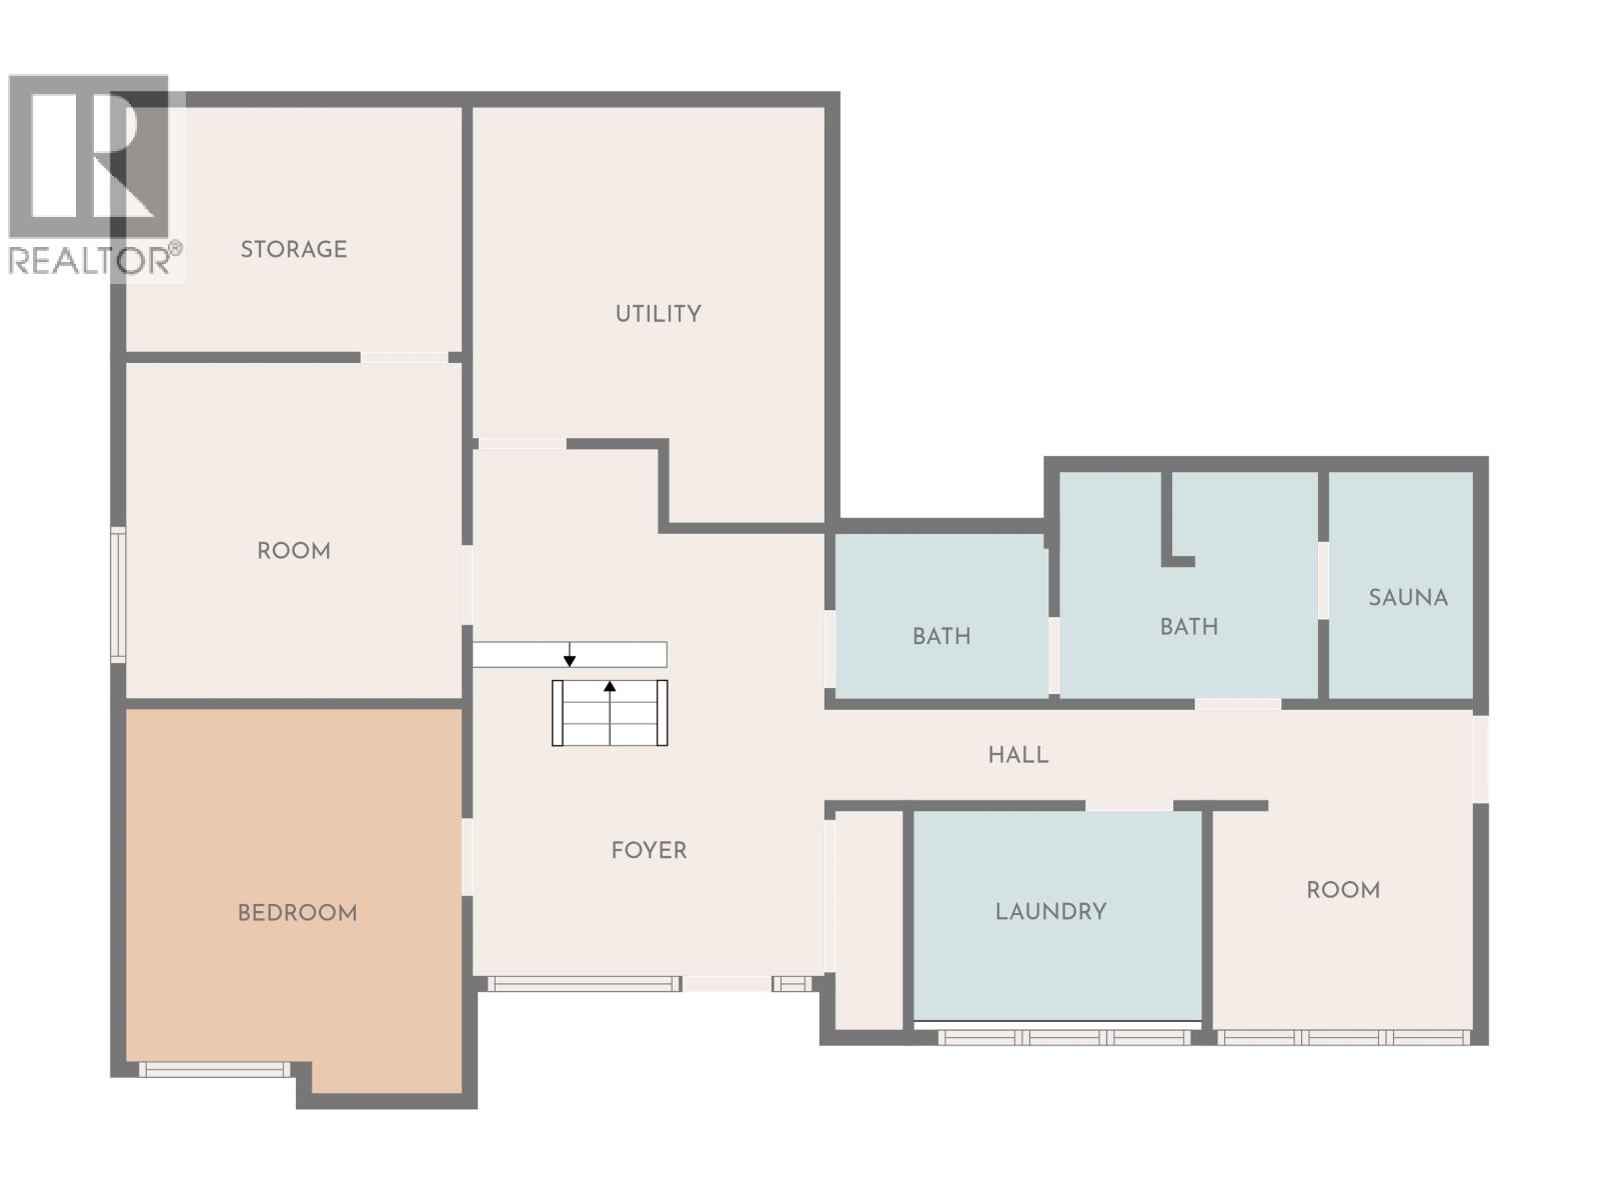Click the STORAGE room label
click(x=294, y=249)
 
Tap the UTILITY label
click(x=658, y=314)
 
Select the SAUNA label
click(x=1407, y=598)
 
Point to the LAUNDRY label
click(x=1050, y=912)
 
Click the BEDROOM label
click(x=297, y=913)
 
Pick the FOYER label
click(x=649, y=851)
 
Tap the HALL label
click(x=1018, y=755)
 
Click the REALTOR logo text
click(x=90, y=260)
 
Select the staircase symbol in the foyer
click(x=610, y=713)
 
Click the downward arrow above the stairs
click(x=570, y=659)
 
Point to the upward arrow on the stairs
click(x=610, y=687)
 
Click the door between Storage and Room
click(x=404, y=357)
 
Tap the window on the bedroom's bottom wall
click(x=214, y=1070)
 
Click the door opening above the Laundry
click(x=1128, y=805)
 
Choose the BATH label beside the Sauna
click(x=1188, y=627)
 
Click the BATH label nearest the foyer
click(x=940, y=636)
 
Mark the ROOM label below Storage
click(x=294, y=551)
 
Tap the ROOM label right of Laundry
click(x=1342, y=890)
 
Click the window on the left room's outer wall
click(x=118, y=594)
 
